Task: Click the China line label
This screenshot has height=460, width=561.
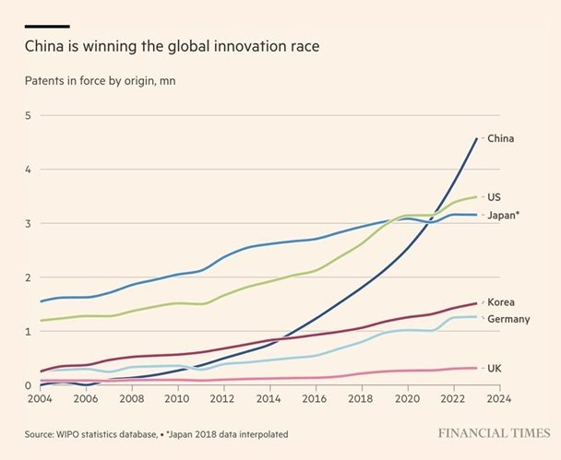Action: pyautogui.click(x=500, y=139)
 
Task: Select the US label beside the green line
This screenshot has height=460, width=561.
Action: pyautogui.click(x=495, y=197)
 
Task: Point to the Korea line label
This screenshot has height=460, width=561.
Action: pyautogui.click(x=501, y=302)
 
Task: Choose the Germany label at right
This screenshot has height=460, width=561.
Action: pyautogui.click(x=507, y=319)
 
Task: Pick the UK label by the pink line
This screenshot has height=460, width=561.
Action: pyautogui.click(x=495, y=368)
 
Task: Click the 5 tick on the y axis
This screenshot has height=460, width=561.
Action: pyautogui.click(x=28, y=116)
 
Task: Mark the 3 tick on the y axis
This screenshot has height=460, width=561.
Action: pyautogui.click(x=28, y=224)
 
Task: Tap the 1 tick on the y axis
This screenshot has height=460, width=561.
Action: pyautogui.click(x=28, y=332)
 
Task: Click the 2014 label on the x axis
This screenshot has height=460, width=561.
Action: pyautogui.click(x=268, y=400)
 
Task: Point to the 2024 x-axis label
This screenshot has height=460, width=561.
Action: pyautogui.click(x=499, y=400)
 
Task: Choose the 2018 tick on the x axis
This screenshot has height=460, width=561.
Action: pyautogui.click(x=360, y=400)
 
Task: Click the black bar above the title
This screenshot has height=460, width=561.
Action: pyautogui.click(x=46, y=26)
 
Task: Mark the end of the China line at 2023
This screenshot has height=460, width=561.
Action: pyautogui.click(x=476, y=138)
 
